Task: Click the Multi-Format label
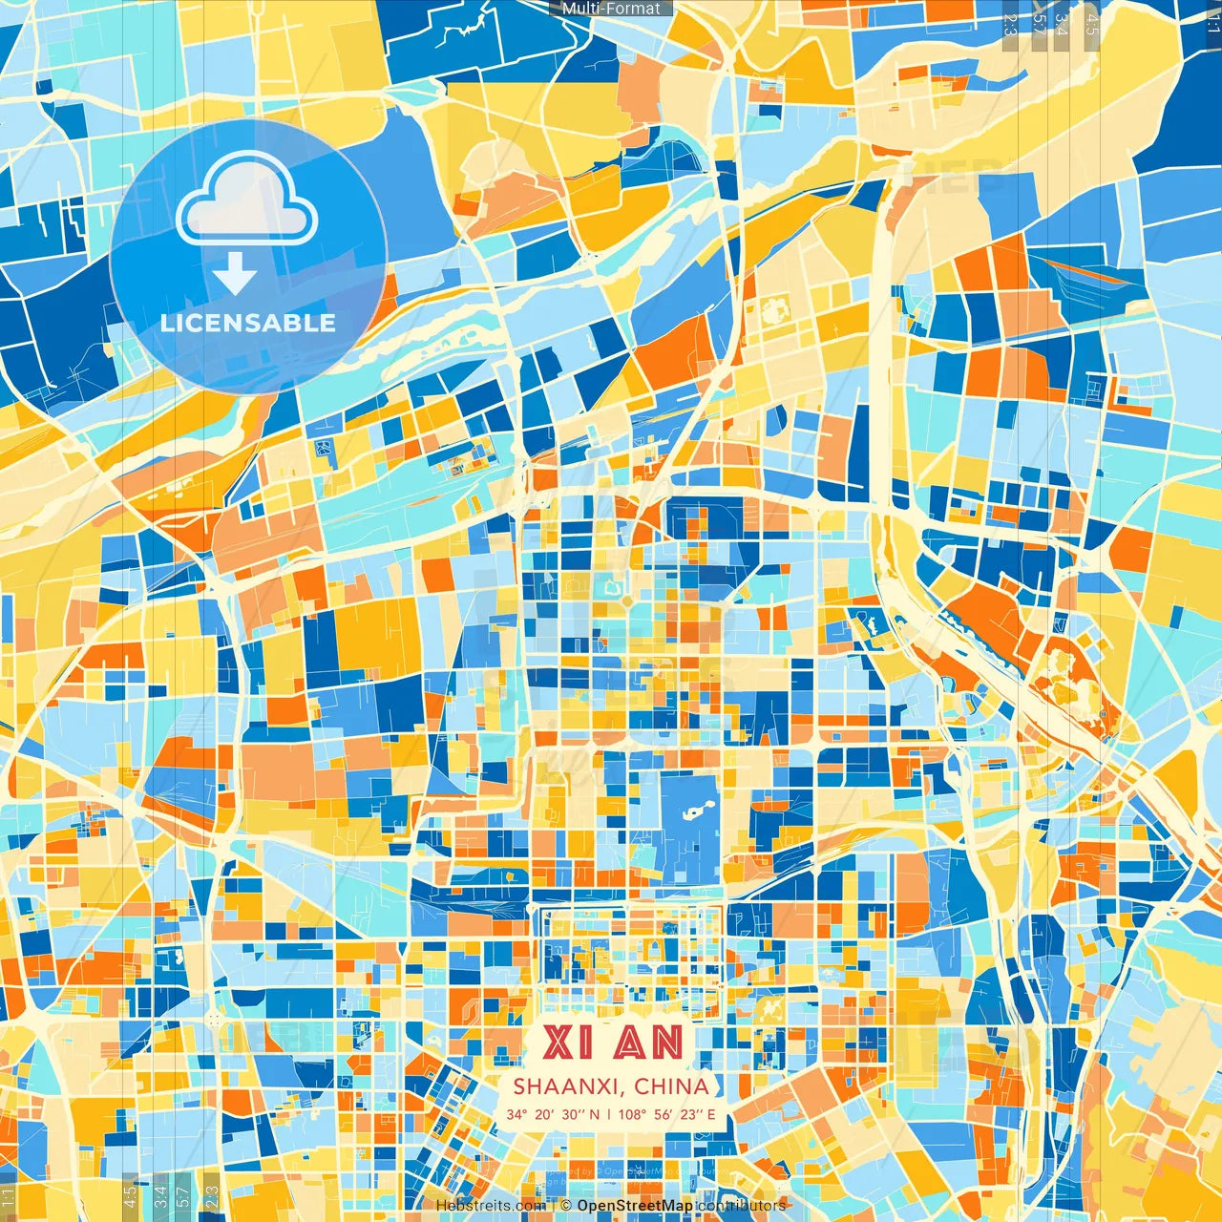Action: tap(611, 9)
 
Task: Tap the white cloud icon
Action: tap(246, 199)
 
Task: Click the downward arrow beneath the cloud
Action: tap(235, 275)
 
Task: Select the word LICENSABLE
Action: tap(248, 323)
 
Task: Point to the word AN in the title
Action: tap(649, 1043)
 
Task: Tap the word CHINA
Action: tap(671, 1086)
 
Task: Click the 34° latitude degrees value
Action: tap(516, 1114)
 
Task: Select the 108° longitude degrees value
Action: tap(632, 1114)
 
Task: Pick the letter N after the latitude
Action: tap(595, 1114)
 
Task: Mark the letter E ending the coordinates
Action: tap(710, 1114)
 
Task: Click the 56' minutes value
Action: tap(663, 1114)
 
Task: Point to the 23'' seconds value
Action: tap(689, 1114)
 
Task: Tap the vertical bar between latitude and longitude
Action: tap(608, 1114)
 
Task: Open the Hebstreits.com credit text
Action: tap(491, 1206)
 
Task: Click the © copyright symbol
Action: tap(565, 1206)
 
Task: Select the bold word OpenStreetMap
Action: tap(635, 1206)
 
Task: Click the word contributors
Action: tap(742, 1206)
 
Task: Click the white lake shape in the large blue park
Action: tap(694, 812)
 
